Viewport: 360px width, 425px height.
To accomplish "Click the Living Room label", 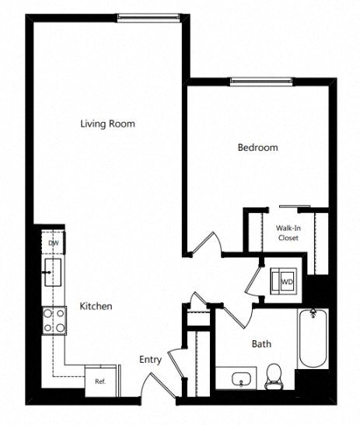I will click(x=107, y=124).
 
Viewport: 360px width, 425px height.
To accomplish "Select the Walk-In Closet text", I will click(x=288, y=233).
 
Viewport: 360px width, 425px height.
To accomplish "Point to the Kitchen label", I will click(x=96, y=307).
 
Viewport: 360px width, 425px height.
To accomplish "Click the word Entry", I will click(x=150, y=360).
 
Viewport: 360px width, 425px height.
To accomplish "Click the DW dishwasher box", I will click(x=53, y=243).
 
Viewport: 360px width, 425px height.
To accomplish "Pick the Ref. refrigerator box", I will click(x=100, y=381).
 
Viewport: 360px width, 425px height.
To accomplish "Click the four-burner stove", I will click(x=54, y=319).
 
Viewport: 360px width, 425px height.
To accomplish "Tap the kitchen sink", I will click(x=53, y=273).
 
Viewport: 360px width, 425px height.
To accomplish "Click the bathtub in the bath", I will click(x=313, y=339).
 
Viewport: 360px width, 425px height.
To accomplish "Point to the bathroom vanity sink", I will click(x=240, y=380).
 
